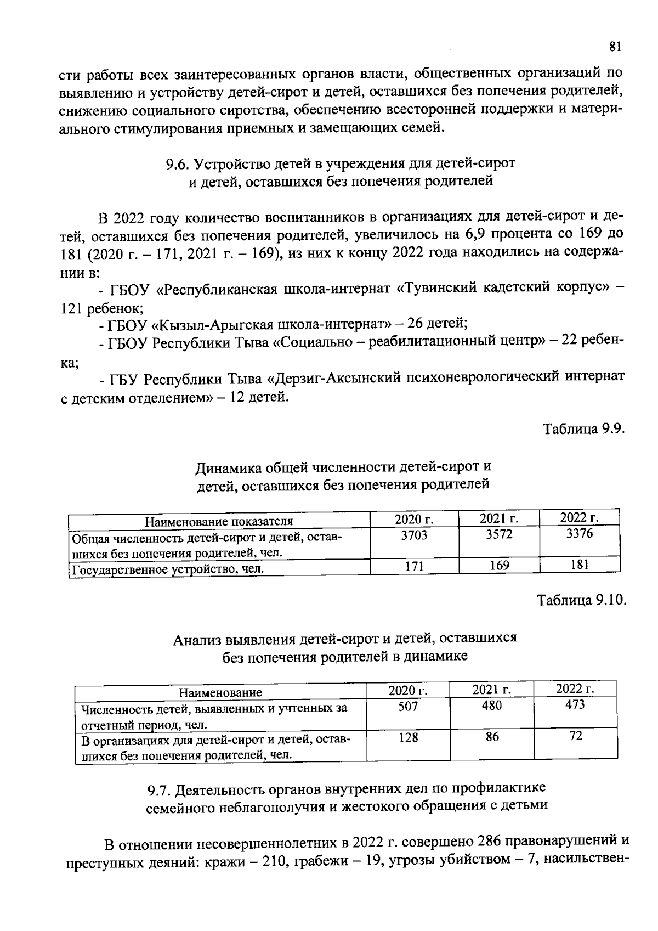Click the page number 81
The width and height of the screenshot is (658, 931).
pyautogui.click(x=615, y=47)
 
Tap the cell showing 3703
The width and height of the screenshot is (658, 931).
pyautogui.click(x=413, y=535)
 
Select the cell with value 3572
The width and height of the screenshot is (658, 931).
pyautogui.click(x=499, y=534)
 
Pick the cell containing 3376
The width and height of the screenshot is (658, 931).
pyautogui.click(x=580, y=533)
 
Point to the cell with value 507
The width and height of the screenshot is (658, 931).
pyautogui.click(x=408, y=707)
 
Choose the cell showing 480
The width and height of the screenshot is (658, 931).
pyautogui.click(x=492, y=706)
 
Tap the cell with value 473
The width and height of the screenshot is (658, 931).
pyautogui.click(x=575, y=704)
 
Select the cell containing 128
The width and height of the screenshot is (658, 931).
pyautogui.click(x=408, y=738)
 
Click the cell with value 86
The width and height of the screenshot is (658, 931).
pyautogui.click(x=492, y=737)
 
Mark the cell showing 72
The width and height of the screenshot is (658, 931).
pyautogui.click(x=576, y=736)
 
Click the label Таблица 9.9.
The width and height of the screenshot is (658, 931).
pyautogui.click(x=584, y=428)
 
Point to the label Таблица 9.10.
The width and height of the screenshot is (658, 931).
pyautogui.click(x=581, y=600)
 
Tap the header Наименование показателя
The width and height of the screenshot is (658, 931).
pyautogui.click(x=219, y=521)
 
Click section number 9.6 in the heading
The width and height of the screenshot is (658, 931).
pyautogui.click(x=178, y=163)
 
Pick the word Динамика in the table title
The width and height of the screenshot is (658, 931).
pyautogui.click(x=229, y=467)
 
